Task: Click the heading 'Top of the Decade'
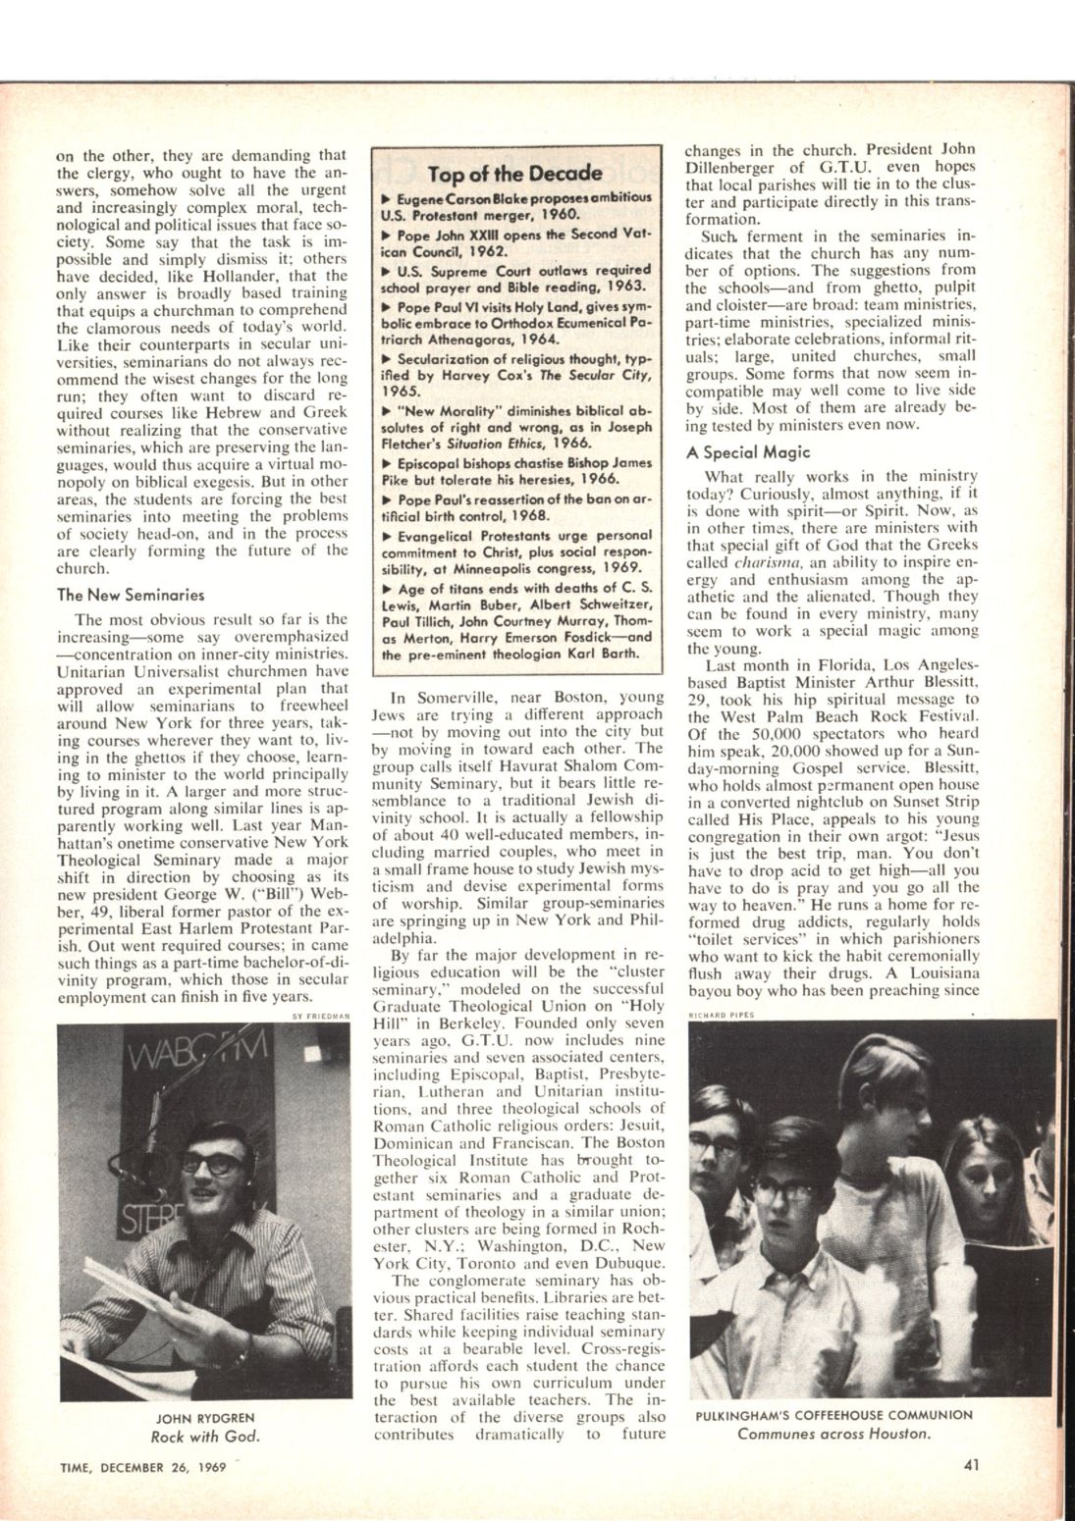(514, 174)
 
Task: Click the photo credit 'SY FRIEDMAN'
(321, 1016)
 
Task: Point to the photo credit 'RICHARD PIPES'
(722, 1016)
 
